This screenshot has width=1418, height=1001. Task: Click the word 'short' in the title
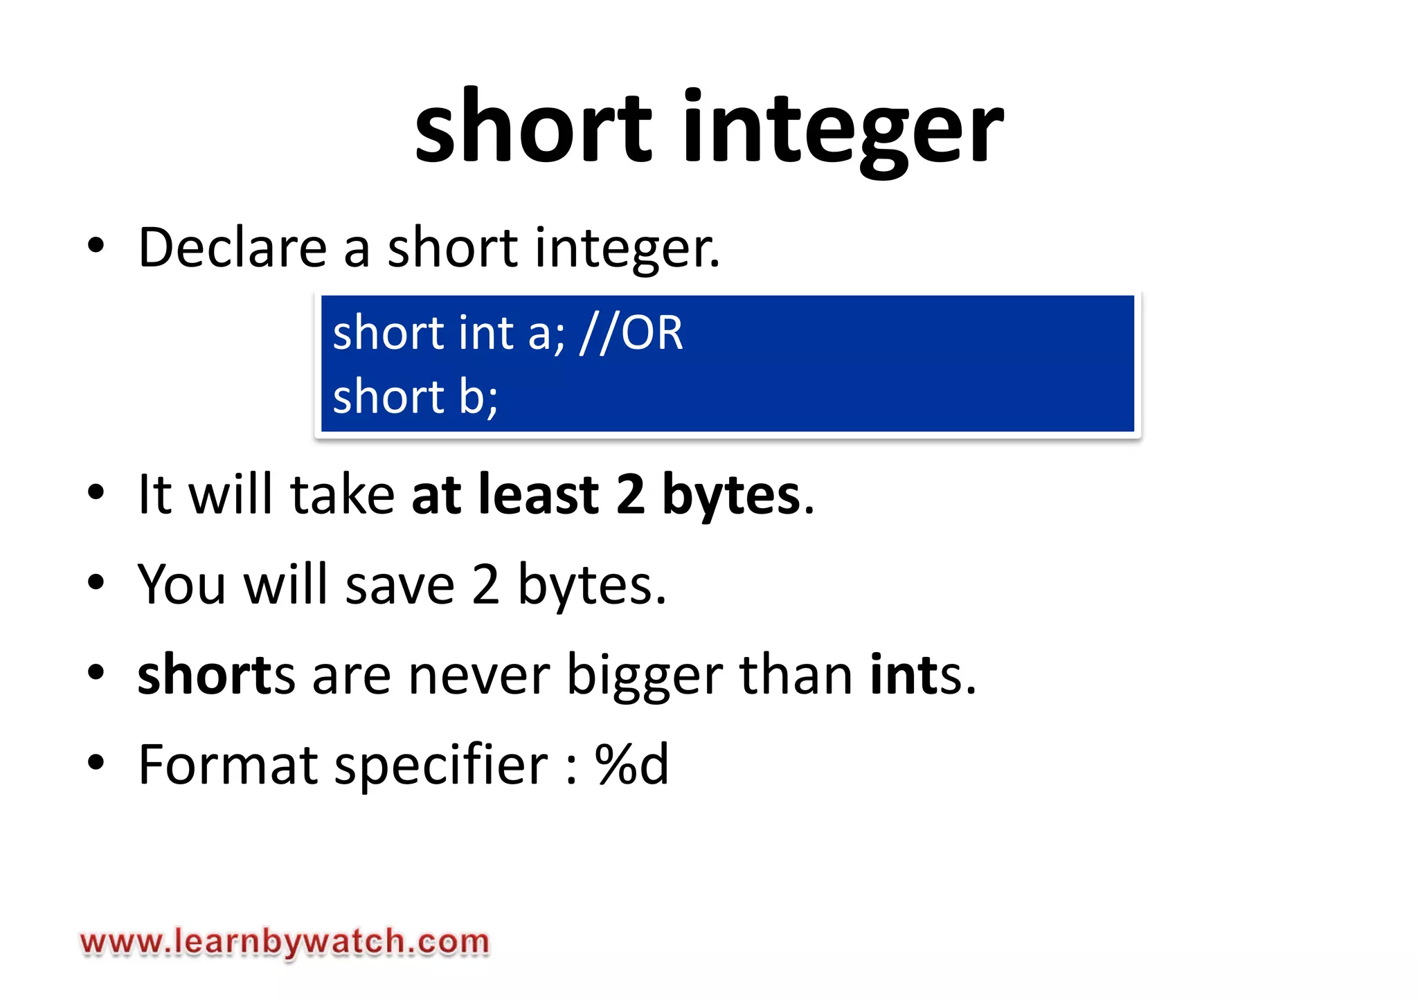(532, 129)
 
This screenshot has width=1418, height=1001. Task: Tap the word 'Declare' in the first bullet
(233, 248)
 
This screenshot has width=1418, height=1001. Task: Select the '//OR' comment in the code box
(631, 333)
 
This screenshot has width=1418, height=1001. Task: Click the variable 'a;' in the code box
(546, 333)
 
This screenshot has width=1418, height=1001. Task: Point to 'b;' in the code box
(478, 397)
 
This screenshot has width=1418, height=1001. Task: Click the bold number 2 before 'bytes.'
(630, 495)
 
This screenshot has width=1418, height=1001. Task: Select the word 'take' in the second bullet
(342, 495)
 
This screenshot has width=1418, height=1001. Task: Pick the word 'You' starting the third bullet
(182, 586)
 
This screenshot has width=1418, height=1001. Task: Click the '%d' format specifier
(632, 765)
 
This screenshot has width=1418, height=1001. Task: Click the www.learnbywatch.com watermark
(285, 943)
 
